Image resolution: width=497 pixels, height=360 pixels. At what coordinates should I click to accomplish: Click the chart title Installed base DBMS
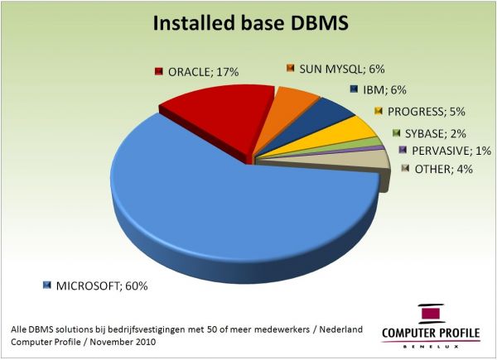tap(251, 23)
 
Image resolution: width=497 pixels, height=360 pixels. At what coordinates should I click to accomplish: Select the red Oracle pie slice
tap(222, 118)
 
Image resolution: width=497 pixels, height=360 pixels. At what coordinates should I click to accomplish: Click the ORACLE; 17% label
tap(203, 72)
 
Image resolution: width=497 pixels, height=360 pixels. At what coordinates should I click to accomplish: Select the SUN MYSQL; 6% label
tap(342, 69)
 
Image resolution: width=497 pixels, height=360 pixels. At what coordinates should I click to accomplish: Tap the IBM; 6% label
tap(384, 90)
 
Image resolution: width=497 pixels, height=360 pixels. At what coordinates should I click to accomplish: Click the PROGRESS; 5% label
tap(427, 112)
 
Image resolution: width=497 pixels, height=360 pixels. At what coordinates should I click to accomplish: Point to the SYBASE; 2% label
tap(436, 133)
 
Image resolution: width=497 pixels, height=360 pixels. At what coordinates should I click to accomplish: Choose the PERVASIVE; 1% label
tap(451, 151)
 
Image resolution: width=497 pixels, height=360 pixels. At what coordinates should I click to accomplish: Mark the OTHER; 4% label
tap(444, 169)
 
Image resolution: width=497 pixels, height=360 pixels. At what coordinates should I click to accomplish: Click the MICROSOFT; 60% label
tap(102, 286)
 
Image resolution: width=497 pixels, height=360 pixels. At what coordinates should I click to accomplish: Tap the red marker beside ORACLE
tap(159, 71)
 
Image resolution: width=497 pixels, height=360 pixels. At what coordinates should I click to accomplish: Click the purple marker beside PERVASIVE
tap(403, 150)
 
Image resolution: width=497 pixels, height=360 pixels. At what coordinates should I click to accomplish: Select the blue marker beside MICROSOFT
tap(47, 286)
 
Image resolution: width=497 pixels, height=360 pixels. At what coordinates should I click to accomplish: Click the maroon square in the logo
tap(431, 314)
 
